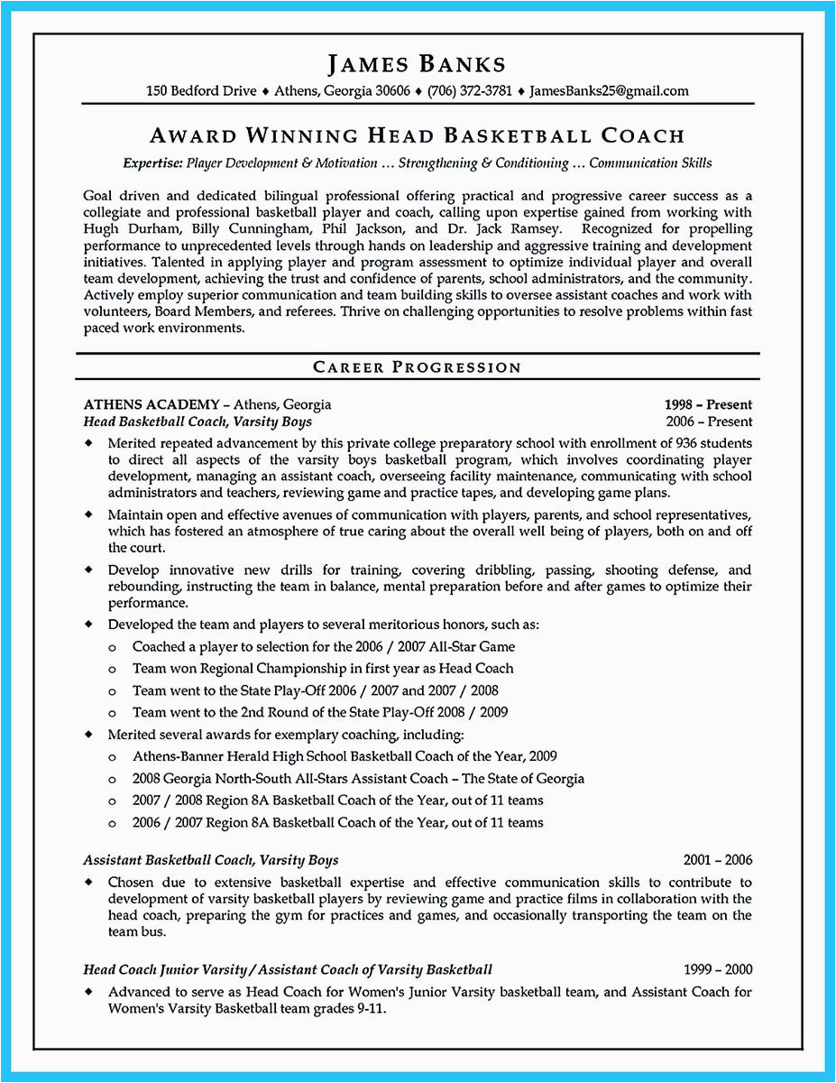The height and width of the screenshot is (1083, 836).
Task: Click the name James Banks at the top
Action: point(416,64)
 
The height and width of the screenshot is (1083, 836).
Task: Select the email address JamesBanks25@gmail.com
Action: point(609,91)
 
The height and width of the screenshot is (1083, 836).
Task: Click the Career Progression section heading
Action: point(417,367)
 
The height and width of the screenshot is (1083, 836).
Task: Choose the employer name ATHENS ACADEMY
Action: point(151,405)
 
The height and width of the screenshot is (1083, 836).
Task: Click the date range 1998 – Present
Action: point(708,405)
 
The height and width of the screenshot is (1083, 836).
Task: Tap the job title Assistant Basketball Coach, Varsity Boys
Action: point(211,860)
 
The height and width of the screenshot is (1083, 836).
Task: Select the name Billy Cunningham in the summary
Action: point(234,229)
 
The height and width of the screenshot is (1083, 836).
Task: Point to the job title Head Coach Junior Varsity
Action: point(165,970)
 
